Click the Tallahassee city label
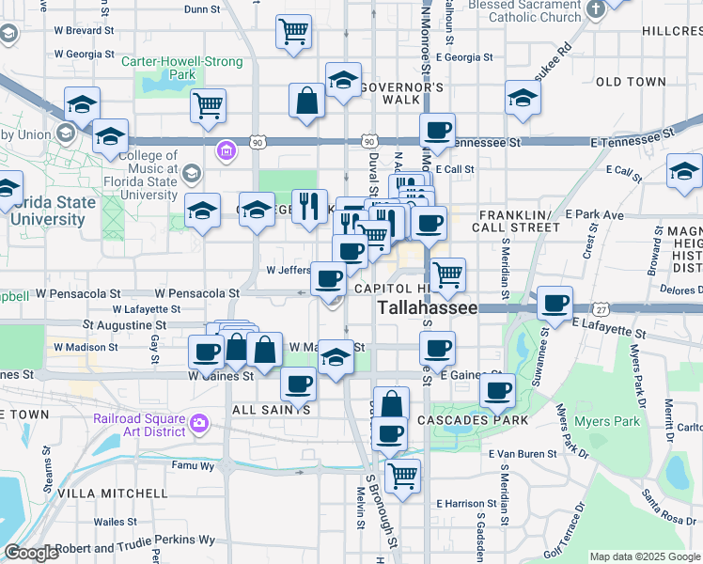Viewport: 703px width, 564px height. click(428, 308)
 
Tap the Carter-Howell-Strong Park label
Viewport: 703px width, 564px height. click(182, 68)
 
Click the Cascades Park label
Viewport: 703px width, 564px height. click(467, 419)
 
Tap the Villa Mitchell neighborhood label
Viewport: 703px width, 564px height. click(112, 493)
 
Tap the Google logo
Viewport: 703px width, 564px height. click(31, 553)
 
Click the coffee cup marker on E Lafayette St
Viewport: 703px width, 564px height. click(555, 303)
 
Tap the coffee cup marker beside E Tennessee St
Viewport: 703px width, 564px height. click(436, 131)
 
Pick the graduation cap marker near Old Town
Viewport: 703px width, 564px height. click(522, 97)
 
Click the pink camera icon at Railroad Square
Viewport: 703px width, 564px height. click(198, 423)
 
